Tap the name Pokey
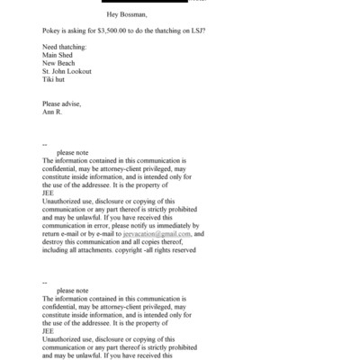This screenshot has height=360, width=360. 53,31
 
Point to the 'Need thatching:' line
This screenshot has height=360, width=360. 66,47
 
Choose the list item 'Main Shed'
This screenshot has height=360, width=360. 59,55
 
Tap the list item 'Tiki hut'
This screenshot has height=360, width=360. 55,79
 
